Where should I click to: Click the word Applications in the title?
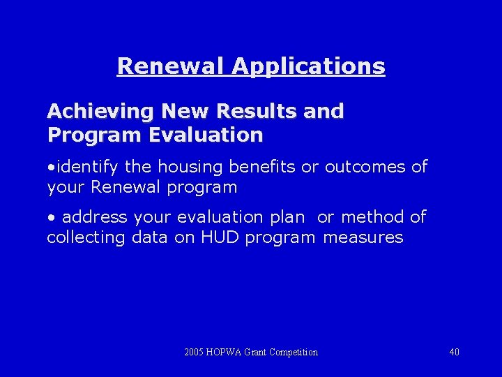pos(308,66)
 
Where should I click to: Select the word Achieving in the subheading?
pos(100,112)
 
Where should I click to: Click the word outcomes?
pos(366,167)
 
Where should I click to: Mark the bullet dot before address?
pos(51,217)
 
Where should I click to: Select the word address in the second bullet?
pos(93,217)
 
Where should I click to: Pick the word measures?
pos(363,237)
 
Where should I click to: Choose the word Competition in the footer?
pos(293,352)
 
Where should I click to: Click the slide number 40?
pos(454,352)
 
